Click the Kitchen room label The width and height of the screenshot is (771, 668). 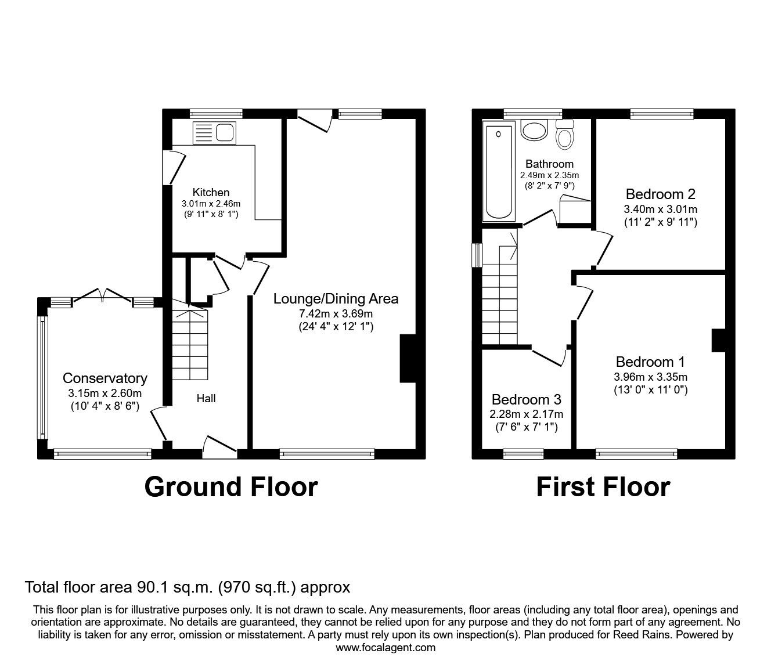coord(211,192)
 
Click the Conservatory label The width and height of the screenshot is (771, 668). coord(105,378)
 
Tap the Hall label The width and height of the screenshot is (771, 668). coord(206,398)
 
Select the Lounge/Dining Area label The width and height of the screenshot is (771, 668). coord(336,299)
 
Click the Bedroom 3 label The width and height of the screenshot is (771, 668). coord(526,400)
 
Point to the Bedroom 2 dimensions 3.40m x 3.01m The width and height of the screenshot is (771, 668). coord(661,209)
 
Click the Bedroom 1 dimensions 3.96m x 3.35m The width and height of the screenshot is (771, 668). coord(650,377)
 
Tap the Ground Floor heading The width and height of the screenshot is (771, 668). coord(231,487)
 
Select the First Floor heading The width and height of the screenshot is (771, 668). coord(603,487)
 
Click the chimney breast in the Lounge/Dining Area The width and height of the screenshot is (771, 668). coord(408,358)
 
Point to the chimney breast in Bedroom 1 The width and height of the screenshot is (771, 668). coord(719,341)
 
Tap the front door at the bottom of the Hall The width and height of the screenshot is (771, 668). coord(219,445)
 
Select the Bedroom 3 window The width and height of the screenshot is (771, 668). coord(523,453)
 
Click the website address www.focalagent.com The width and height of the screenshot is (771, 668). coord(385,648)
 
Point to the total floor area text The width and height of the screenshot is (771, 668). coord(188,587)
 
